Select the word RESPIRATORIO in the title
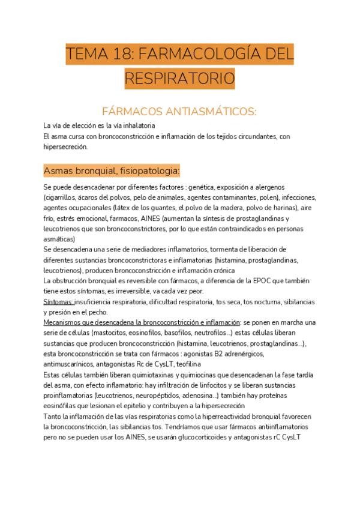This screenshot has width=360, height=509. (x=180, y=78)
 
